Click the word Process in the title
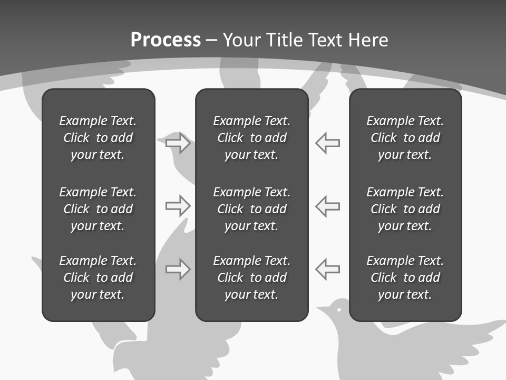[x=166, y=40]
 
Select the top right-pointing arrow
[x=178, y=143]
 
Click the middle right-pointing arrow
[x=178, y=206]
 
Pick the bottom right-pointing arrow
[x=178, y=269]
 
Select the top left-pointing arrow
[x=328, y=143]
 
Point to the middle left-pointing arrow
[x=328, y=206]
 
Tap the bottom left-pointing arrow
[x=328, y=269]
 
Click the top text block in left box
[x=98, y=138]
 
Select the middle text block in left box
[x=98, y=209]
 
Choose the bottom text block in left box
[x=98, y=278]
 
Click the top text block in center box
[x=251, y=138]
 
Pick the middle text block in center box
[x=251, y=209]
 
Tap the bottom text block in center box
[x=251, y=278]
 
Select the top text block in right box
[x=405, y=138]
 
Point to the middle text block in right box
[x=405, y=209]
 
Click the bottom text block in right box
[x=405, y=278]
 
